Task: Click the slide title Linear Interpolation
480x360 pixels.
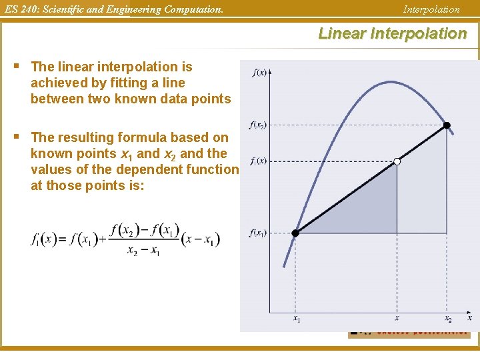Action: click(x=393, y=33)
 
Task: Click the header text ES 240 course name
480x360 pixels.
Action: click(x=112, y=9)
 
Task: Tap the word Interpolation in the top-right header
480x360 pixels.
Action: click(x=431, y=9)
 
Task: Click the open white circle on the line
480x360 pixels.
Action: click(x=397, y=161)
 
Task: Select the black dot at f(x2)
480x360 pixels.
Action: click(x=447, y=125)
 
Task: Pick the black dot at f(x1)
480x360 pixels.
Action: click(x=296, y=233)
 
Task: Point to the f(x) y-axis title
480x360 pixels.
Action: click(x=259, y=73)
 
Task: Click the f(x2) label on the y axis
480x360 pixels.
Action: click(x=258, y=125)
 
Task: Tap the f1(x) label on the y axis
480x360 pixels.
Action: click(x=258, y=161)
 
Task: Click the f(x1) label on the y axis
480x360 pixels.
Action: click(x=258, y=233)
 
